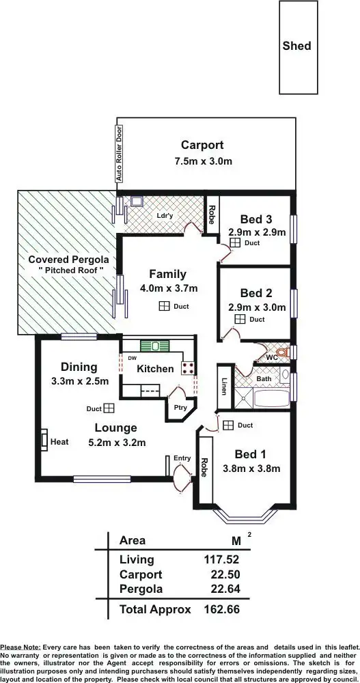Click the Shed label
coord(296,46)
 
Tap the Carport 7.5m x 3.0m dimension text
coord(202,162)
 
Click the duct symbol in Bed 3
coord(234,242)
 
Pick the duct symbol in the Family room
coord(164,307)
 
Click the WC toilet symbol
coord(280,355)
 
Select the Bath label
coord(264,378)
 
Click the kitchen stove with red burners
coord(188,368)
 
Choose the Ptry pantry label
coord(180,408)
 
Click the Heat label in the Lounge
coord(59,442)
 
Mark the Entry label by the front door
coord(182,458)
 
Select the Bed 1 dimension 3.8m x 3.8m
coord(251,469)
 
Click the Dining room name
coord(79,367)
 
